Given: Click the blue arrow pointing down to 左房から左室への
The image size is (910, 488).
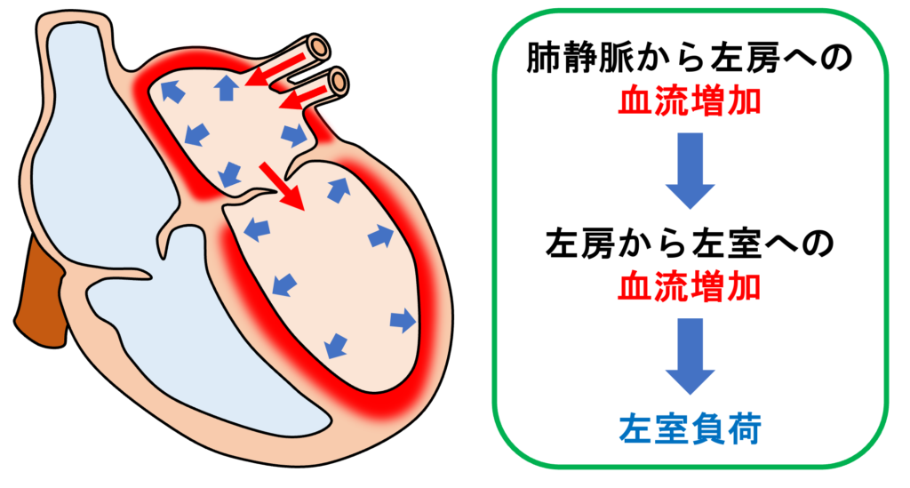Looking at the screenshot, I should point(690,170).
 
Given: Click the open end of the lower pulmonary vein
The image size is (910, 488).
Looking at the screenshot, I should point(338,83).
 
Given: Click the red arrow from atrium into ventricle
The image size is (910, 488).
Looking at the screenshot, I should point(283,185).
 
